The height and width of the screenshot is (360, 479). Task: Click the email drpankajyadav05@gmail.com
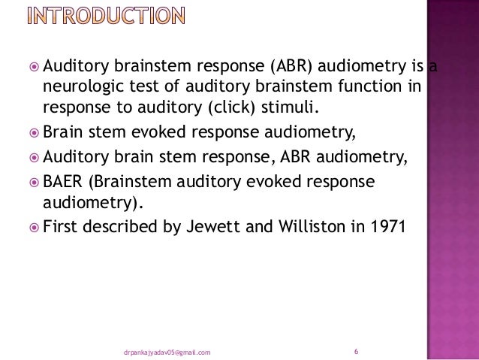pos(166,352)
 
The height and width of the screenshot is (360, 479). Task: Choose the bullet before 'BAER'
pos(33,183)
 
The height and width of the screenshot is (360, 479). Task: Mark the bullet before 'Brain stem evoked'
pos(33,135)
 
